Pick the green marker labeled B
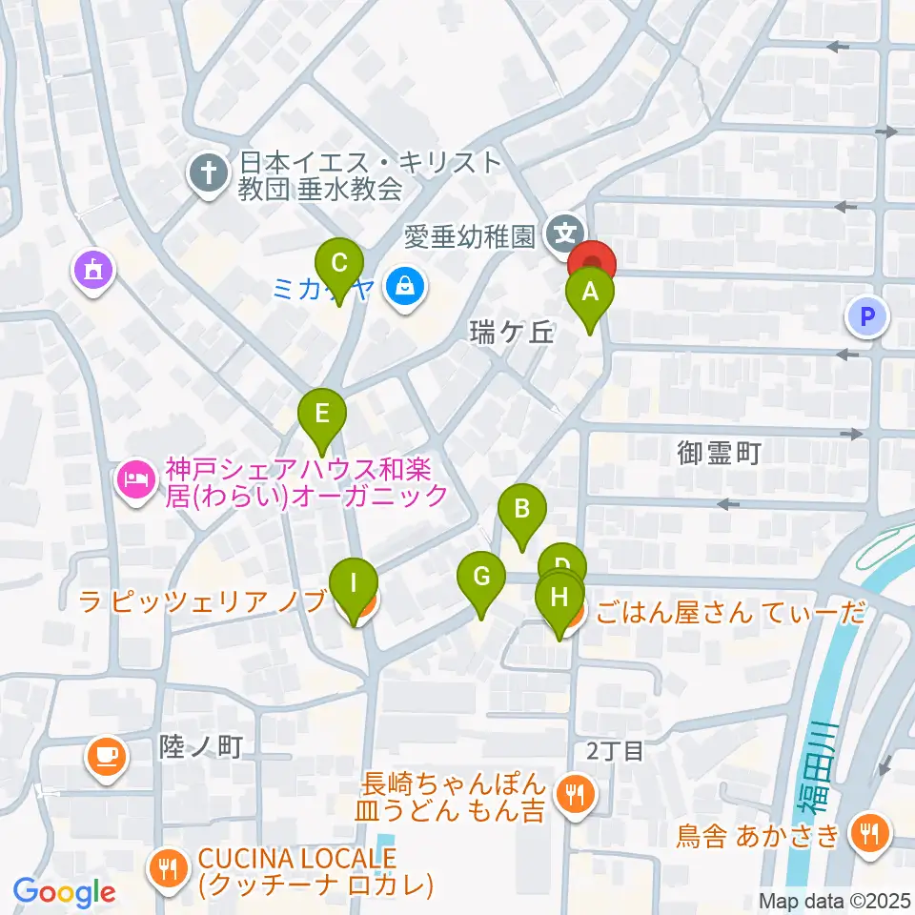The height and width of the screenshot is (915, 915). (x=521, y=508)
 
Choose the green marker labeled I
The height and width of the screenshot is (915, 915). (x=354, y=582)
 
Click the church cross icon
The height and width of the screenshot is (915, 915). (x=207, y=173)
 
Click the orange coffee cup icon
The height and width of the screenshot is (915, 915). (x=105, y=755)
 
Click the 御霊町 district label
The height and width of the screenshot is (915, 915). (x=720, y=452)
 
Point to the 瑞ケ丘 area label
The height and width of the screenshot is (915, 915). (x=511, y=332)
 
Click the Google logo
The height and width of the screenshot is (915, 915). (x=64, y=892)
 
